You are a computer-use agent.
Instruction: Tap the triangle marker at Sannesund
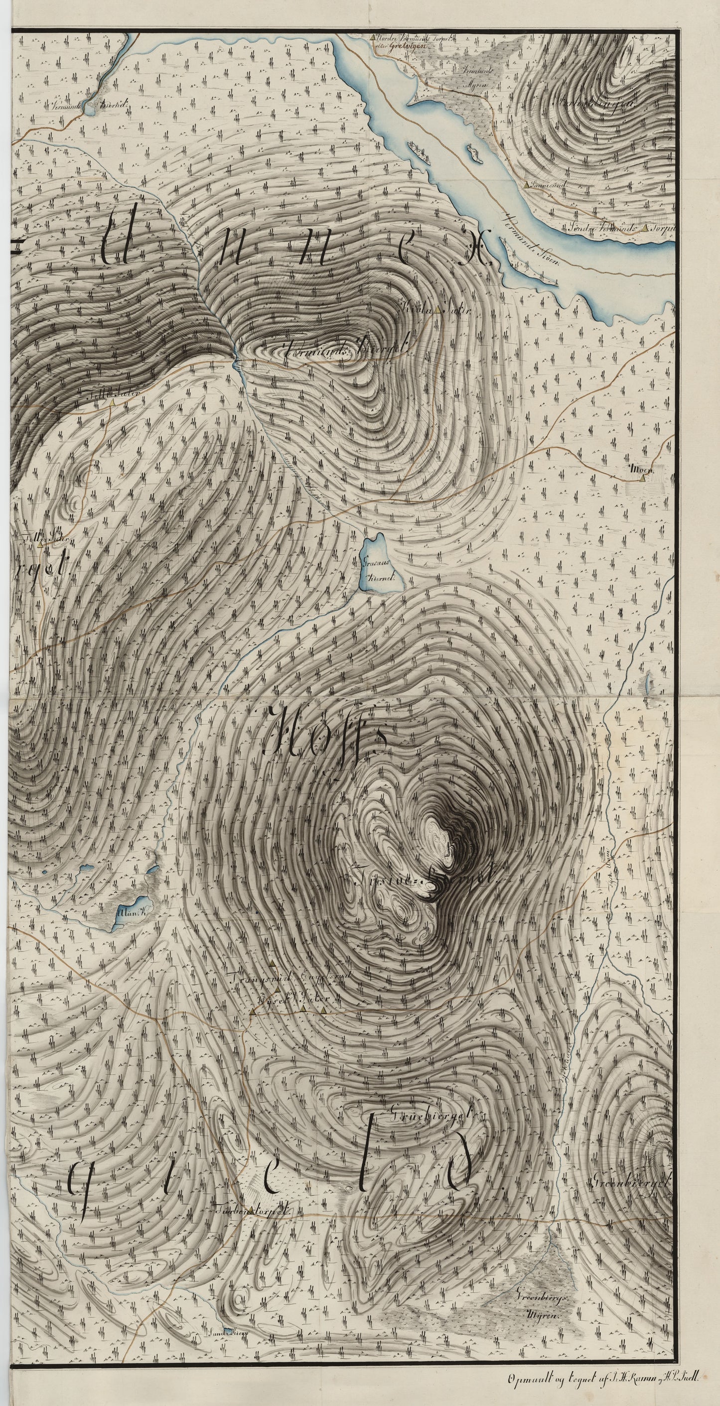[526, 185]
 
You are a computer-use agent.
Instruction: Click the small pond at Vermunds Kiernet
[91, 110]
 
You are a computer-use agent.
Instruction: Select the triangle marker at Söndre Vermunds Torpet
[646, 228]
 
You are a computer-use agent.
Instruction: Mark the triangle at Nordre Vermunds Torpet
[372, 38]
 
